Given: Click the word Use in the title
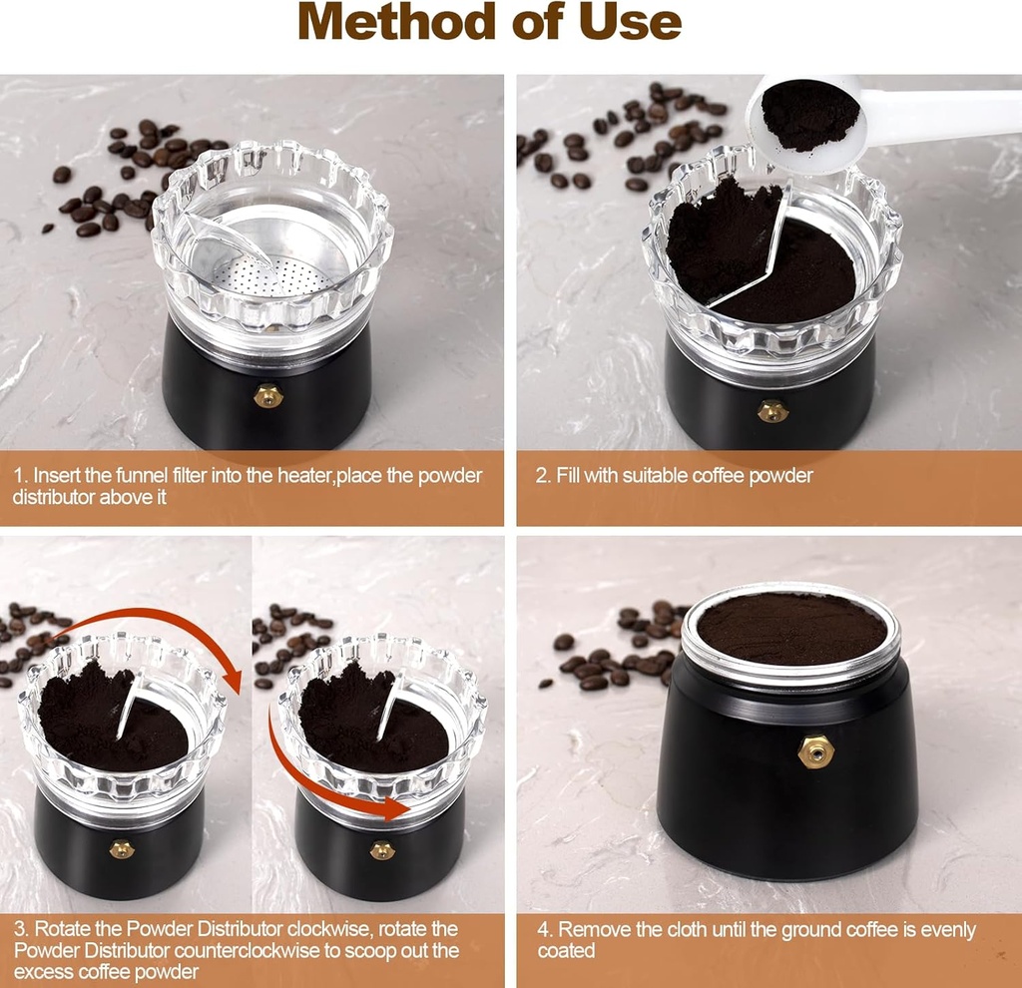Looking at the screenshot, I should (x=630, y=22).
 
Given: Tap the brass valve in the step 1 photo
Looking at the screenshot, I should (x=267, y=396).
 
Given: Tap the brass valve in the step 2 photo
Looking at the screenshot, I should (x=771, y=410).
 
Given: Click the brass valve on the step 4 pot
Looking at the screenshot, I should (x=815, y=751).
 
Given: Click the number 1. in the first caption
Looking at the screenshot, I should (x=21, y=475).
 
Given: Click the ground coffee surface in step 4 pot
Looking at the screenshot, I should (x=790, y=629).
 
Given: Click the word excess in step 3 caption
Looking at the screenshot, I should (x=41, y=971).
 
